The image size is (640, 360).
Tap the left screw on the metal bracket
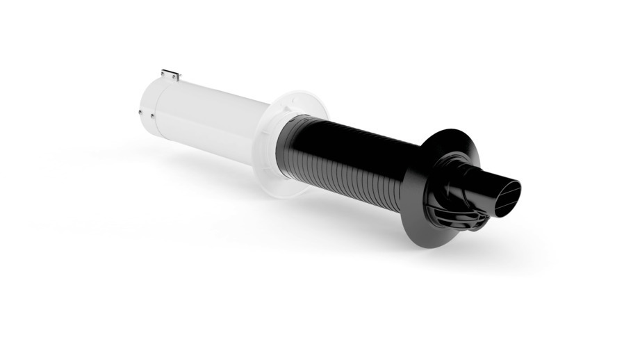[164, 72]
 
